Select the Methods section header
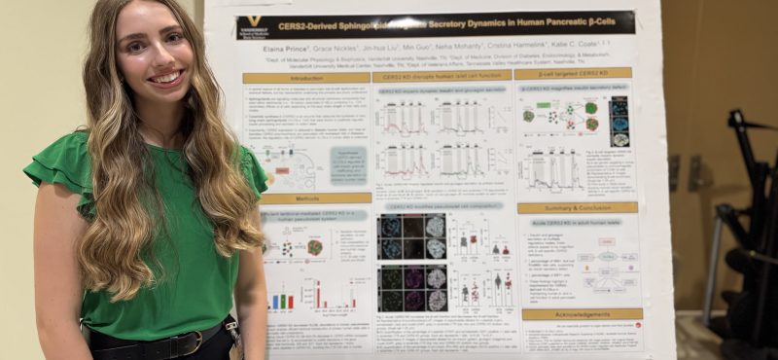[302, 198]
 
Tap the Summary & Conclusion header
[577, 207]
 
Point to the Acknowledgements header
[582, 314]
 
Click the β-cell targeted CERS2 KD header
[573, 73]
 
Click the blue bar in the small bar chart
[274, 303]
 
